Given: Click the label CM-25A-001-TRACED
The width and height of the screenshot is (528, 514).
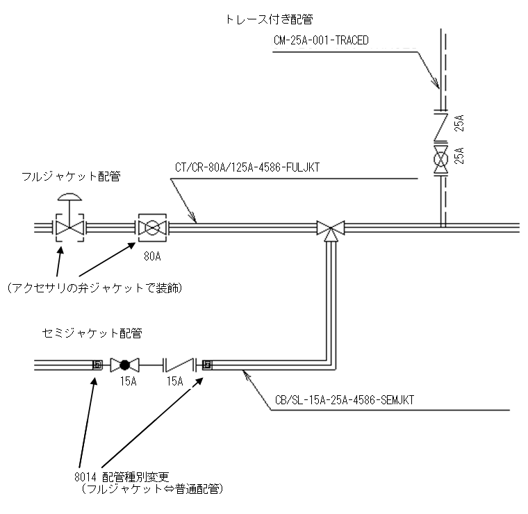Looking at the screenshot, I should coord(320,40).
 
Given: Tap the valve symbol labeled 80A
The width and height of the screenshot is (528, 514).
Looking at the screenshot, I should coord(152,227).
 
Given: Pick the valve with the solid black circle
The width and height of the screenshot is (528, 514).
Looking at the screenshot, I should coord(125,363).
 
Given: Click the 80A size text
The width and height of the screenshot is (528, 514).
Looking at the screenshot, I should coord(152,257).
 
